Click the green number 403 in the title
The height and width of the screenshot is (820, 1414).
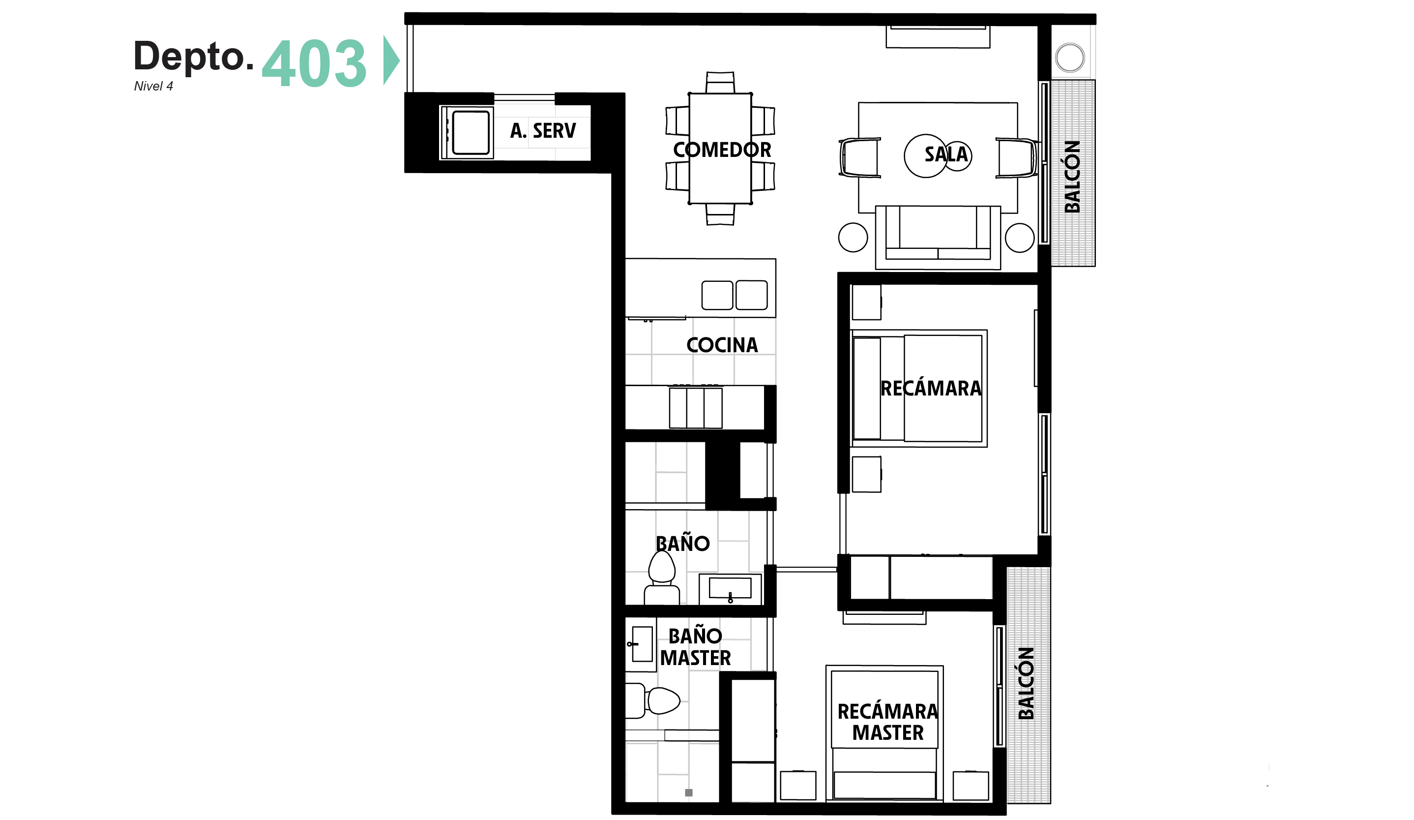point(314,63)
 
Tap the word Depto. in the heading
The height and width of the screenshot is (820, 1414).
point(194,56)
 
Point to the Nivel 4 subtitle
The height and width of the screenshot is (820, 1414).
point(153,86)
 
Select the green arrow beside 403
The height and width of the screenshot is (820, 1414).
point(391,60)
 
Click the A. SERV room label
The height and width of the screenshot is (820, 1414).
point(543,131)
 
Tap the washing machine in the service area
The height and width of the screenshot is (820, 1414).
point(468,132)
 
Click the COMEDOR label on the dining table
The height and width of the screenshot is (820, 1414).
point(722,150)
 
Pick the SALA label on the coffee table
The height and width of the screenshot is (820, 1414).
point(946,154)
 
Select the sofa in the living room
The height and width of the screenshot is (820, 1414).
point(938,238)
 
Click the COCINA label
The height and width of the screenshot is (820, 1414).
point(722,345)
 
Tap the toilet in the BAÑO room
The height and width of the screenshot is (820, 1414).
point(662,578)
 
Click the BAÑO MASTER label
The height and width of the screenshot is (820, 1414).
point(696,646)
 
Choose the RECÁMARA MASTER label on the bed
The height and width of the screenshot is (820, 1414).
point(887,722)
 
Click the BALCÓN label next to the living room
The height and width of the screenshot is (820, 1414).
point(1072,177)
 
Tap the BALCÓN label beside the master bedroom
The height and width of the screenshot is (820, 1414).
point(1026,683)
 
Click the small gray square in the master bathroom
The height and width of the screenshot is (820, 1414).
point(689,792)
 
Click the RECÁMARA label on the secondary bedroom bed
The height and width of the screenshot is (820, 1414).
point(931,389)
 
